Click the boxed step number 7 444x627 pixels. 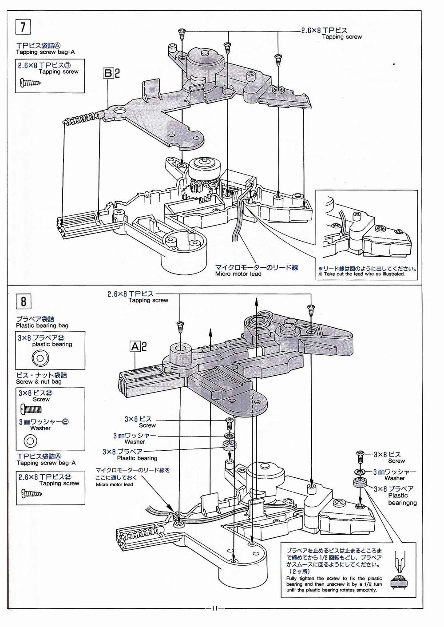point(23,27)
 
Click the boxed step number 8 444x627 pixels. point(23,302)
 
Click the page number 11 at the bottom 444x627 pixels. point(215,608)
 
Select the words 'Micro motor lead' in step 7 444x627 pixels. point(238,274)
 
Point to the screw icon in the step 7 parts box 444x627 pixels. point(31,83)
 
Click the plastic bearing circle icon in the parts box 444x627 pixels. point(40,358)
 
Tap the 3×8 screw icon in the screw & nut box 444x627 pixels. point(31,410)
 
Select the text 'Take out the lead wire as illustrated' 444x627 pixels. point(364,274)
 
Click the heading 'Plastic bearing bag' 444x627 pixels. point(42,325)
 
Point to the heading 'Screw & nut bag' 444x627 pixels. point(39,381)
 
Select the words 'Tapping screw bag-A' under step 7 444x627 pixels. point(45,52)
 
